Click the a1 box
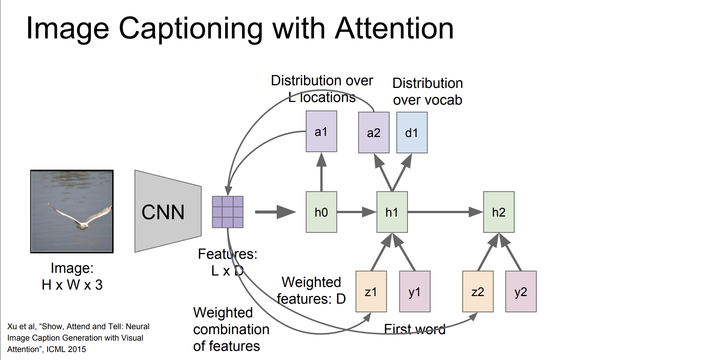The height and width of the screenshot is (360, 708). [x=321, y=131]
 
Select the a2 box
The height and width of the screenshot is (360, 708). [x=374, y=132]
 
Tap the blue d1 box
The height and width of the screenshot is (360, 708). [x=412, y=132]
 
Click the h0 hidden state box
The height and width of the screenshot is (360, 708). [x=321, y=212]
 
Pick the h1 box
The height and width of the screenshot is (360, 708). [x=392, y=212]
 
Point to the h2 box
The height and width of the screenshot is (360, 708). [x=499, y=212]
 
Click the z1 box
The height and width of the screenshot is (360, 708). [x=371, y=292]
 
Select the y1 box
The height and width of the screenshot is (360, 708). [x=415, y=292]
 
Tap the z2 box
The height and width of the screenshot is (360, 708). [x=478, y=292]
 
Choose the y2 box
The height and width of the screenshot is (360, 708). [x=521, y=292]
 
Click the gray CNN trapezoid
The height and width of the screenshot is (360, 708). [x=168, y=211]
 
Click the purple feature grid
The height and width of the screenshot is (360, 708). [x=228, y=212]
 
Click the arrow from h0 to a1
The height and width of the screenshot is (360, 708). [x=321, y=172]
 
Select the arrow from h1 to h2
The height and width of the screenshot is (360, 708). [x=445, y=212]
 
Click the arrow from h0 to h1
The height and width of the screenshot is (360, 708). [x=357, y=212]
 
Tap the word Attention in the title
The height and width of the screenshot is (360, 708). [x=394, y=28]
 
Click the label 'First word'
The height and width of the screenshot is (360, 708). [x=415, y=329]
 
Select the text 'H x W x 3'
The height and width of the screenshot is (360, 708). [x=72, y=285]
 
